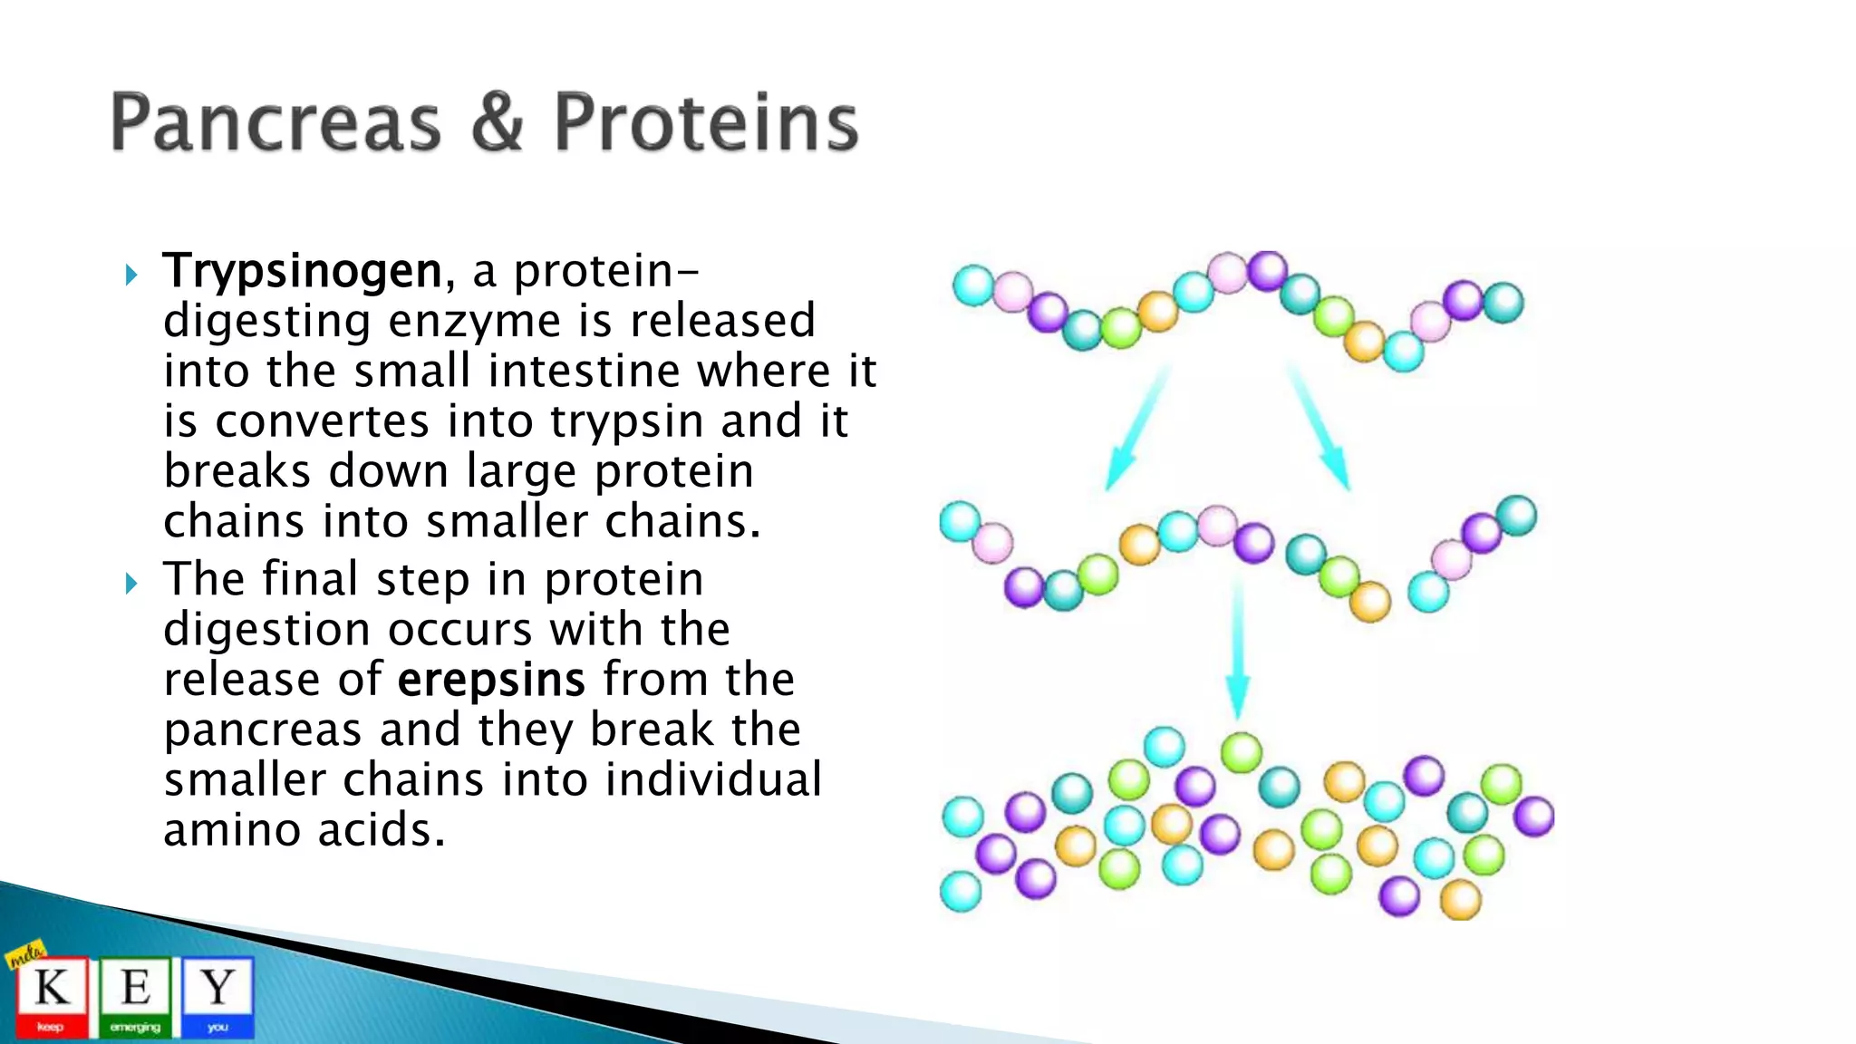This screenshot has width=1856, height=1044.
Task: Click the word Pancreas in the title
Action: (x=275, y=123)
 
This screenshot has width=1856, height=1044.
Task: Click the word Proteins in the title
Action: (x=705, y=123)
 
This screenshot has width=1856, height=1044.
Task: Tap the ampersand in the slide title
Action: (x=497, y=123)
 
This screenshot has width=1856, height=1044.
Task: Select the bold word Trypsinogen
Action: (x=302, y=272)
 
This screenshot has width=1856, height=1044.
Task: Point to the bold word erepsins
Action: (x=491, y=681)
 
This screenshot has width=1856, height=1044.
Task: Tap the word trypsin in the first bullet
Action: (x=626, y=421)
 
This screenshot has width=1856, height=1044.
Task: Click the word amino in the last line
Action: (x=231, y=830)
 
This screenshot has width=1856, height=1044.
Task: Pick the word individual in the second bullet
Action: (x=713, y=780)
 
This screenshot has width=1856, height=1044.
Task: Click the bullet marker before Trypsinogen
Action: (x=131, y=275)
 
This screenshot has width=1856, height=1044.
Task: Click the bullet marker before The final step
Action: (x=131, y=583)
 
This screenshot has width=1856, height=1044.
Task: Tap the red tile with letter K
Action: (x=52, y=995)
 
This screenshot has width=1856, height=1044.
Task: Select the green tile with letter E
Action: (x=135, y=995)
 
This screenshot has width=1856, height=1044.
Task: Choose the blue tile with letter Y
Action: (x=217, y=995)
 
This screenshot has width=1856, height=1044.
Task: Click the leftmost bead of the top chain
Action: (x=974, y=285)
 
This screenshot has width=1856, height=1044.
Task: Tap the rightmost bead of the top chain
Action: (x=1503, y=303)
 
